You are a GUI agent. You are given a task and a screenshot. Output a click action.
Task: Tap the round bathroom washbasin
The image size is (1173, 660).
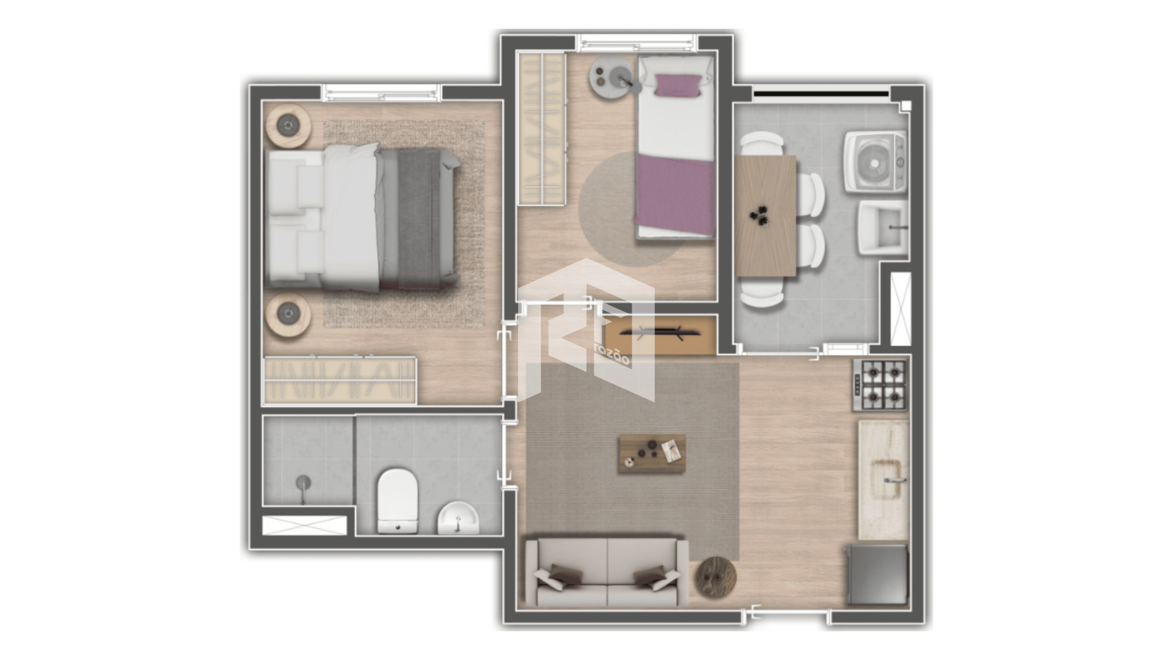(458, 518)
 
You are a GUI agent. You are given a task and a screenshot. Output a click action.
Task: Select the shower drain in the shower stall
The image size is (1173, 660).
(302, 483)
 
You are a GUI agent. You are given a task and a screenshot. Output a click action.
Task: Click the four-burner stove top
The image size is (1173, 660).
(880, 384)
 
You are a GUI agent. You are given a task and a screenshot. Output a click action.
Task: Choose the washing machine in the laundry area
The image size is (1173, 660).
(875, 162)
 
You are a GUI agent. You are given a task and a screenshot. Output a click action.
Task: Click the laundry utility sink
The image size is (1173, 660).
(882, 227)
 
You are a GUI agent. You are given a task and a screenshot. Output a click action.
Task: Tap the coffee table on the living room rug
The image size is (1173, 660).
(652, 453)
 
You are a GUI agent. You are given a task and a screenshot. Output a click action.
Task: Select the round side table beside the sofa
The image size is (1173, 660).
(716, 575)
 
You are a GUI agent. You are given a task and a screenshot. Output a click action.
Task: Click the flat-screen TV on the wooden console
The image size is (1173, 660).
(651, 332)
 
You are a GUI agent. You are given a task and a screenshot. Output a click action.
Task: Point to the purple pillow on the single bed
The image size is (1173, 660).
(678, 86)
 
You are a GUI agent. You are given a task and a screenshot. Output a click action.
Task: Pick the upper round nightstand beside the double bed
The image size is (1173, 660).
(288, 126)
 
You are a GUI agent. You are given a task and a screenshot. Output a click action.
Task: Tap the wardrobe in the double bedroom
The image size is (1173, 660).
(340, 380)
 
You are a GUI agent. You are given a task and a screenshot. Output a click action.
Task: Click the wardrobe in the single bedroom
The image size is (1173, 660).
(541, 129)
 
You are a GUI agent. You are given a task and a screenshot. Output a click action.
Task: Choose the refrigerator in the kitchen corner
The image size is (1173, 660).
(877, 574)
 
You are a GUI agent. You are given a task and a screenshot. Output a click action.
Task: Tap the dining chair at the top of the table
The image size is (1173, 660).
(762, 144)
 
